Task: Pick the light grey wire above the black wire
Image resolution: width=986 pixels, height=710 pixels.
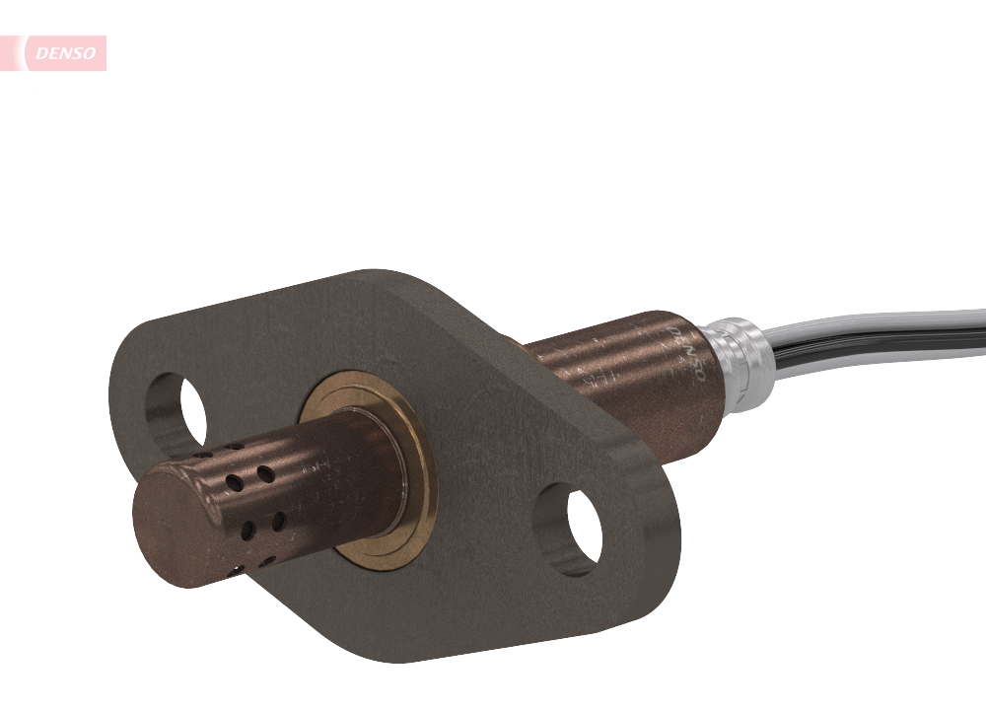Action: click(x=887, y=321)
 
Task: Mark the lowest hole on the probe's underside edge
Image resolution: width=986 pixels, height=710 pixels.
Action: click(x=237, y=569)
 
